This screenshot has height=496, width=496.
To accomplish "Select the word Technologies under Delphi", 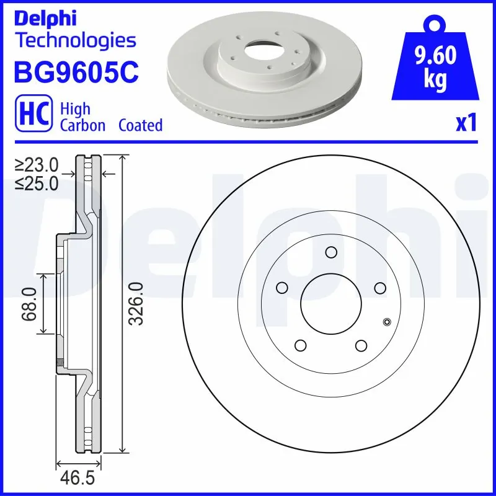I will point(74,41).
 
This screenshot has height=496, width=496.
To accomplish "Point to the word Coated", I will point(140,125).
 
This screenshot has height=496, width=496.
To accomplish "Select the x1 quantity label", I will point(466,123).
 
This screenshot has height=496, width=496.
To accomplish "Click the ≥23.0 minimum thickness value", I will point(37,165).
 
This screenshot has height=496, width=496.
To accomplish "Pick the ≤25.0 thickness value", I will point(37,183).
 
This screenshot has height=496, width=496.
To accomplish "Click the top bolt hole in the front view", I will point(330,252).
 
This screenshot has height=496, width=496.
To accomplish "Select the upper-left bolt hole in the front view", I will point(282,287).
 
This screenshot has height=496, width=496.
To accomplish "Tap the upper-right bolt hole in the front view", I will point(379,287).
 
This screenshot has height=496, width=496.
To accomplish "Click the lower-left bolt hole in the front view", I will point(301,345).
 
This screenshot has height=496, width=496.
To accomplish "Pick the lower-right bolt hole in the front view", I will point(361,345).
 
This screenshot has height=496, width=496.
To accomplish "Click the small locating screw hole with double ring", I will point(387,321).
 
